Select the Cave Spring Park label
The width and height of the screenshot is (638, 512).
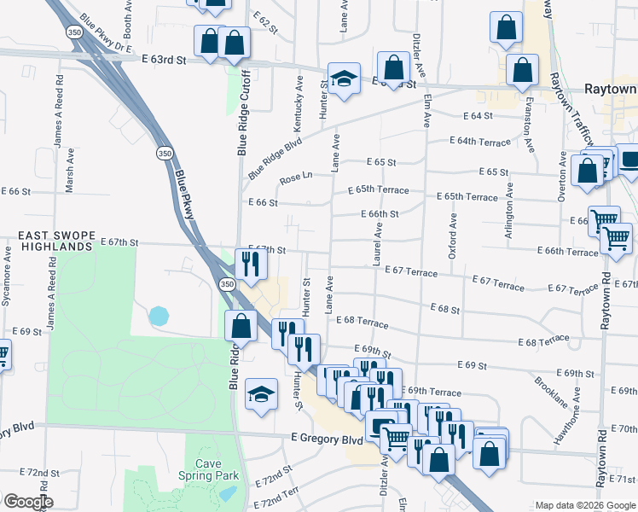[x=213, y=469]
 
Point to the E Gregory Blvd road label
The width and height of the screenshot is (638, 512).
[x=327, y=439]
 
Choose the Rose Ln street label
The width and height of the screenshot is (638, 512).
[x=296, y=178]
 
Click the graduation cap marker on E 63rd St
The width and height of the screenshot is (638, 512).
[x=344, y=79]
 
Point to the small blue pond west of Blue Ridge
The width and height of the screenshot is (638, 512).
[x=159, y=317]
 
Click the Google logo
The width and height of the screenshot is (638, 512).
[x=27, y=502]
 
